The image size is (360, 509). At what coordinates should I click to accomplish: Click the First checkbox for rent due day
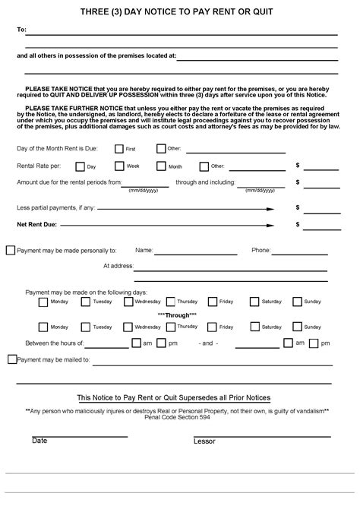pyautogui.click(x=118, y=148)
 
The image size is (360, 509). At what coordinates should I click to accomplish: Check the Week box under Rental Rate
pyautogui.click(x=118, y=165)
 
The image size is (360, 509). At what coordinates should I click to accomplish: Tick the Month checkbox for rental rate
pyautogui.click(x=161, y=165)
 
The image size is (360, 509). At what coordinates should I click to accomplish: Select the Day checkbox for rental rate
pyautogui.click(x=80, y=165)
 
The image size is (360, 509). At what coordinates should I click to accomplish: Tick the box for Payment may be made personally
pyautogui.click(x=10, y=249)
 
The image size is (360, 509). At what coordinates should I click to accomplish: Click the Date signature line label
pyautogui.click(x=39, y=441)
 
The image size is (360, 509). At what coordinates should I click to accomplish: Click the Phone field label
pyautogui.click(x=261, y=249)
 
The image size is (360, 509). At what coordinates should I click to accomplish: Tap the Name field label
pyautogui.click(x=144, y=249)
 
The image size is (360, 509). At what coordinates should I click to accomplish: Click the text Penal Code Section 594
pyautogui.click(x=178, y=416)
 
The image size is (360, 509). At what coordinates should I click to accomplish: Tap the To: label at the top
pyautogui.click(x=21, y=30)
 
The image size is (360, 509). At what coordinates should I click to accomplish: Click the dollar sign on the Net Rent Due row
pyautogui.click(x=298, y=224)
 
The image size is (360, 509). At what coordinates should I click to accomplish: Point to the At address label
pyautogui.click(x=117, y=267)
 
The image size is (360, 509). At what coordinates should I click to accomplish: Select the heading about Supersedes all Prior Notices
pyautogui.click(x=174, y=398)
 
